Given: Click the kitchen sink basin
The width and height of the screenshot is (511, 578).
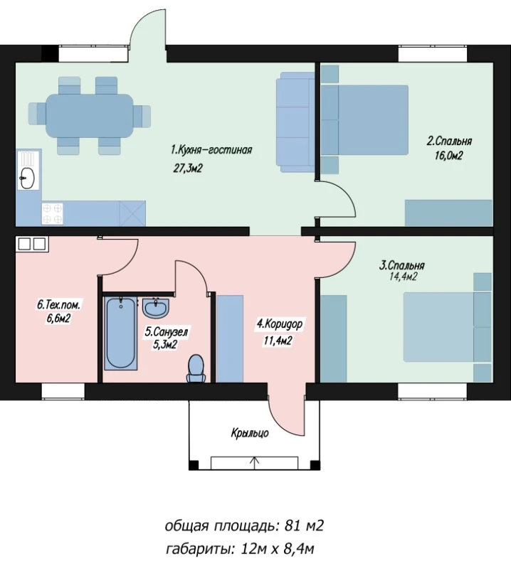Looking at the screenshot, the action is [27, 178].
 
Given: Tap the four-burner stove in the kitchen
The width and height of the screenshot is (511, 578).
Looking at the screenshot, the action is [53, 214].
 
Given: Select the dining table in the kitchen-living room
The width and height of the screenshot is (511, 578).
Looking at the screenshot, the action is [89, 115].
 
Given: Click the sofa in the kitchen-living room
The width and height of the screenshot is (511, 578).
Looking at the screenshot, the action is [295, 122].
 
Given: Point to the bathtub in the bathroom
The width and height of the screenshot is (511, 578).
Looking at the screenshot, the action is [121, 333].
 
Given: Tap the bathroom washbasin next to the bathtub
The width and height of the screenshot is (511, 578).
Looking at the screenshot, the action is [156, 308].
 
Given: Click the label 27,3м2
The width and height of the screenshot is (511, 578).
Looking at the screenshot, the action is [188, 168].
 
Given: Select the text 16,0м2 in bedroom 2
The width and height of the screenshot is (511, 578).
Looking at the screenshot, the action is [448, 156].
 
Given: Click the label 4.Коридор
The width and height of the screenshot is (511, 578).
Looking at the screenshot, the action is [280, 324].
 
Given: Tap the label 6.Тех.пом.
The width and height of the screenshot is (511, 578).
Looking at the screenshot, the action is [58, 305].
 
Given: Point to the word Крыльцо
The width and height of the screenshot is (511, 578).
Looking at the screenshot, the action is [250, 433].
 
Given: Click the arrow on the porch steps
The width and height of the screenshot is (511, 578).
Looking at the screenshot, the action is [255, 463].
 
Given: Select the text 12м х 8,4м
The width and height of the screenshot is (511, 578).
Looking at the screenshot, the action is [277, 550].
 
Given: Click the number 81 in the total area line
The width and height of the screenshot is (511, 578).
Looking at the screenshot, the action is [292, 525].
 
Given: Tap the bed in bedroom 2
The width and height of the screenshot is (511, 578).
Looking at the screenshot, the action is [364, 120].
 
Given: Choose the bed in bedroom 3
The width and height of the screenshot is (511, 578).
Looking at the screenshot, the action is [447, 327].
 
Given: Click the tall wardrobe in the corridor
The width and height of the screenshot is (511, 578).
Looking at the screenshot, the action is [230, 338].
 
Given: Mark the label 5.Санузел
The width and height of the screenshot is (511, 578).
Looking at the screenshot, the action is [166, 332].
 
